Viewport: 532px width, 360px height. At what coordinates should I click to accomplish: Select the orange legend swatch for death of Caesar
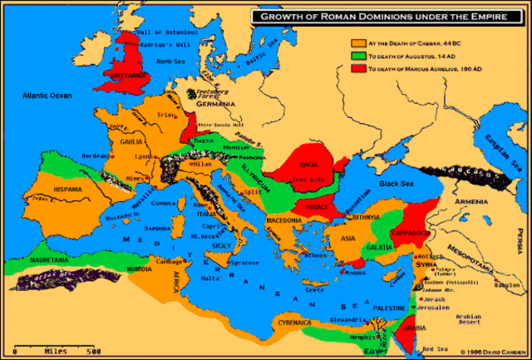coord(358,42)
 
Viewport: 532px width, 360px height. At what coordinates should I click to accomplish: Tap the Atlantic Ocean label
coord(49,96)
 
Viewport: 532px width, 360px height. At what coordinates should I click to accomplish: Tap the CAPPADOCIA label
coord(409,234)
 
